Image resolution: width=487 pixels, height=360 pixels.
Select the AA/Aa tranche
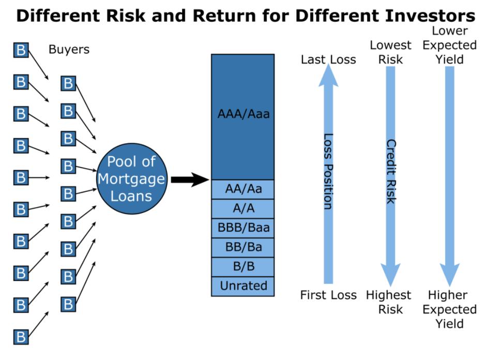click(243, 189)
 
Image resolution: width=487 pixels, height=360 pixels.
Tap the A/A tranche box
click(243, 208)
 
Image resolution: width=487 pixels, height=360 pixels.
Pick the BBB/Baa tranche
click(243, 228)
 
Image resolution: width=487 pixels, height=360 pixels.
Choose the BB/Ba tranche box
click(243, 247)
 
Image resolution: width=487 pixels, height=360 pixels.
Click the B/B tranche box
click(243, 267)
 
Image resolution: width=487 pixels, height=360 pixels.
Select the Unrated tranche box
click(243, 286)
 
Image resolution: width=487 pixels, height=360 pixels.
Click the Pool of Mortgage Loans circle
click(131, 179)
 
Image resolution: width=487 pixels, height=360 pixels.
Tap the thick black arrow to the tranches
click(189, 179)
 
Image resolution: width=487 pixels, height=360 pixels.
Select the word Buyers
click(69, 50)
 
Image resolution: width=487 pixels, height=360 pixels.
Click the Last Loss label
click(328, 59)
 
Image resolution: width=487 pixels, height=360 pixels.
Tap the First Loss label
click(328, 295)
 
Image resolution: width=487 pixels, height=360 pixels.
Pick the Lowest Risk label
click(390, 52)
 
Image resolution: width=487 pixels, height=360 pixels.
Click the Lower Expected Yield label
click(449, 45)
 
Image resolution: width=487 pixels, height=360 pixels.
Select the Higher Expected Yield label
click(449, 309)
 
